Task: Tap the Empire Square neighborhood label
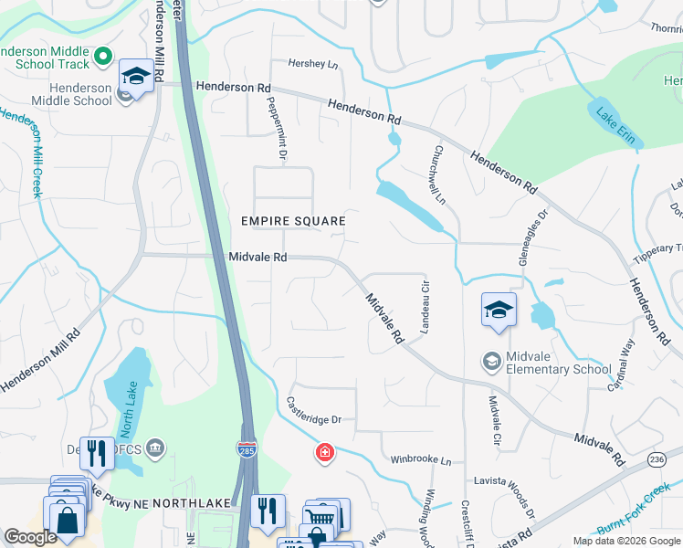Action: coord(293,221)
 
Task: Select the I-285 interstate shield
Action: coord(250,448)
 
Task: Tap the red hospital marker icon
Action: coord(324,453)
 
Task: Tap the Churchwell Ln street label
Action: coord(439,174)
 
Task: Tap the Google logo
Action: coord(31,538)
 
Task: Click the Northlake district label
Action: coord(188,503)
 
